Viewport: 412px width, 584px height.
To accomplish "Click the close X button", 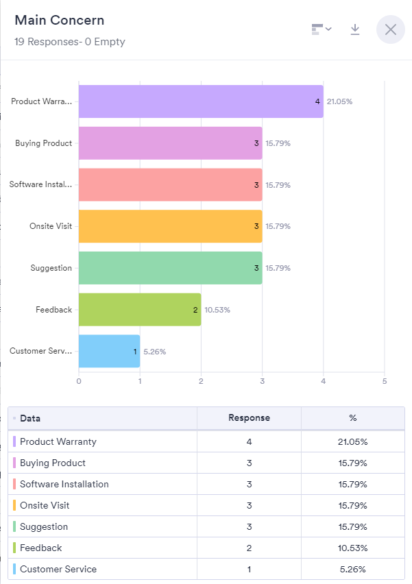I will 391,29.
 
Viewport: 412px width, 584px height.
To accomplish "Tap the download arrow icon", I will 355,29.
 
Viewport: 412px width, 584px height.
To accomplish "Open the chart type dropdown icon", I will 321,29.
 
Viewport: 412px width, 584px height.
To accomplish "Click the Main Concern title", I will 60,21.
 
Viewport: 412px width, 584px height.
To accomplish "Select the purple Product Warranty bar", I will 200,101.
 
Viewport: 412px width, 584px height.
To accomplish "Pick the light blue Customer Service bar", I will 109,351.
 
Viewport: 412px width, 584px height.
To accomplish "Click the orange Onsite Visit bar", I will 170,226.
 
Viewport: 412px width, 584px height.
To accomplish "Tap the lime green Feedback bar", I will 140,310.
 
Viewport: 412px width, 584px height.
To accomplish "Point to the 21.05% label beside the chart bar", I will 339,101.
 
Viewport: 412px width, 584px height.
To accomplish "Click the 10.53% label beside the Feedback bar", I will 217,310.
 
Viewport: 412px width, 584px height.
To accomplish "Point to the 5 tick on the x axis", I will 385,381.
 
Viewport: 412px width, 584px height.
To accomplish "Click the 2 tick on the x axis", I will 201,381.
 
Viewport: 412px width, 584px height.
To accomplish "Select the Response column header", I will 249,417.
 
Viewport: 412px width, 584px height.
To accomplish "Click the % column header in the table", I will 352,417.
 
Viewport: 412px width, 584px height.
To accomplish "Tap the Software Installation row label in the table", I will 64,484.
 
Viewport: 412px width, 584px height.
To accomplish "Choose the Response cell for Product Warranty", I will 249,441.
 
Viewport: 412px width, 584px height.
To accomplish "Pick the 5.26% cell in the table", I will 353,569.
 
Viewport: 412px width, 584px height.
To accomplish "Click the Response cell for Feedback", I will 249,548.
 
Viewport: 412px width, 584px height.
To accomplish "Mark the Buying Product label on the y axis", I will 43,143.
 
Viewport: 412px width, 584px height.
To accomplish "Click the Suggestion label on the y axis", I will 51,268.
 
